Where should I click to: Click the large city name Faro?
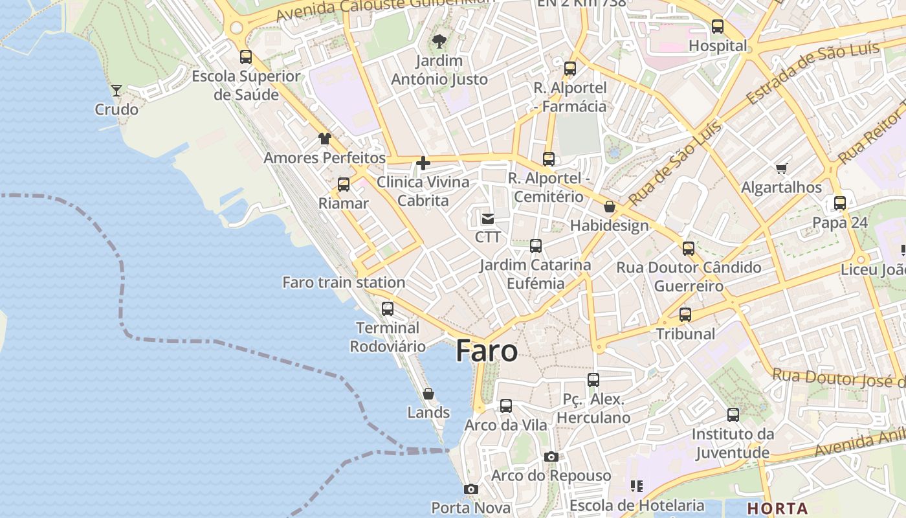tap(487, 351)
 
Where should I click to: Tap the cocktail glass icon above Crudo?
tap(116, 91)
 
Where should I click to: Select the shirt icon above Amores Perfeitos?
tap(324, 139)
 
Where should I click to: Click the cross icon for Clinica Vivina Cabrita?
tap(423, 163)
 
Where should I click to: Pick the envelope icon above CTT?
tap(488, 219)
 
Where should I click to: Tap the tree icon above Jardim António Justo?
tap(439, 42)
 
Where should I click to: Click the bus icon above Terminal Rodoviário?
tap(388, 309)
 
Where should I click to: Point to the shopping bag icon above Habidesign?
tap(609, 207)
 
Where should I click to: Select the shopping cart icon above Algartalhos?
tap(781, 169)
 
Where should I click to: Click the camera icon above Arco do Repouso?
tap(551, 457)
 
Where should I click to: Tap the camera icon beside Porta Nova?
tap(471, 490)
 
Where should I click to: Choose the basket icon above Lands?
tap(428, 394)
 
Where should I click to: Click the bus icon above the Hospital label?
tap(718, 27)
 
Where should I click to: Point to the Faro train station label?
tap(344, 282)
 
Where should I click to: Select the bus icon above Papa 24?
tap(840, 203)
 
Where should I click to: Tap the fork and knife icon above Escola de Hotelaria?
tap(636, 486)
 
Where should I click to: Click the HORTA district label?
tap(777, 508)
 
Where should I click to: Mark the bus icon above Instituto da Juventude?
tap(733, 415)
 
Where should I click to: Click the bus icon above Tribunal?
tap(685, 315)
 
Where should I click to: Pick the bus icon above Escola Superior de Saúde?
tap(246, 57)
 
